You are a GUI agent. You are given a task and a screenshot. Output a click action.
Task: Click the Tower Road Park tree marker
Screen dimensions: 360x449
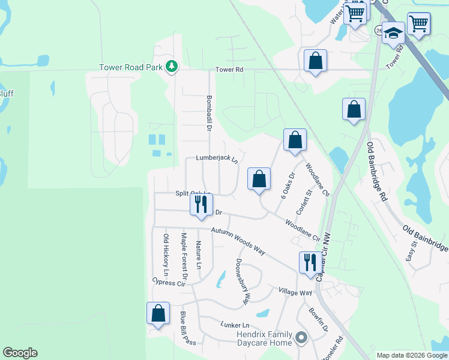pos(172,67)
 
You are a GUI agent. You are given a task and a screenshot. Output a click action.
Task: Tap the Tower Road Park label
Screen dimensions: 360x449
pos(131,67)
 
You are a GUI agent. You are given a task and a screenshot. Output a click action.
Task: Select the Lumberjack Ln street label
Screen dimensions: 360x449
pos(217,159)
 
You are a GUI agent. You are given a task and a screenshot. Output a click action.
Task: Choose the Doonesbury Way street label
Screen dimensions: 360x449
pos(244,280)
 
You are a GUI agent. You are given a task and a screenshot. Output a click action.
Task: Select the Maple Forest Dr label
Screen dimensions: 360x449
pos(184,257)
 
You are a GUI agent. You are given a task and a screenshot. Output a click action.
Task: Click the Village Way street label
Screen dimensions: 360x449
pos(295,292)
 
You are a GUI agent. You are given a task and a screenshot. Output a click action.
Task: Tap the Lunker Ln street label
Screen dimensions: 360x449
pos(234,324)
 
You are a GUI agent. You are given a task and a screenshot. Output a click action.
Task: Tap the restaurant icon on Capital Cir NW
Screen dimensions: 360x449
pos(310,262)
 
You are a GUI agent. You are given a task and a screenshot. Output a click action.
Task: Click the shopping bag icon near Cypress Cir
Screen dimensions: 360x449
pos(157,313)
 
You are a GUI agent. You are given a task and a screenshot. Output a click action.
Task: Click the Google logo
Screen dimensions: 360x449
pos(20,353)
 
